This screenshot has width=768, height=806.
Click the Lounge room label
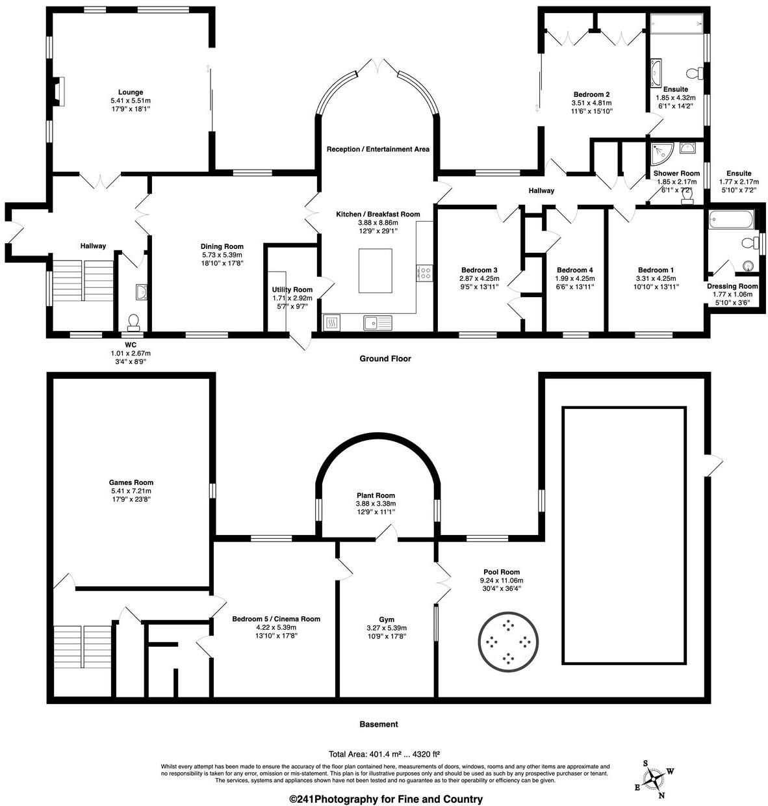(131, 92)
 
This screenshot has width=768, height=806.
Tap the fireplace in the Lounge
(59, 91)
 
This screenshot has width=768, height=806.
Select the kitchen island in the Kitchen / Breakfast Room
(375, 270)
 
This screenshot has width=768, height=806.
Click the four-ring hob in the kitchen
(424, 273)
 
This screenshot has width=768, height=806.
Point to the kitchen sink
(378, 322)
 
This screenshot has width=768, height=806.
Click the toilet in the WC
(133, 322)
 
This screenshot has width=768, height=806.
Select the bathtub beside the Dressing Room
(731, 220)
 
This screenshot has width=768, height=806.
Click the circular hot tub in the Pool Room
(508, 642)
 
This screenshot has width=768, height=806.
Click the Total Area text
(384, 753)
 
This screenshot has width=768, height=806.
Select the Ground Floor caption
(385, 359)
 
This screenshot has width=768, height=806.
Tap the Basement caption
(379, 724)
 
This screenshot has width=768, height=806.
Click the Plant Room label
(376, 495)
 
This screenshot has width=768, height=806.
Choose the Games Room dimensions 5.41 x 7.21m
(131, 491)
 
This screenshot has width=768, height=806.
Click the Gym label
(387, 619)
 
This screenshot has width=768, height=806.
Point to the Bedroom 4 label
(574, 270)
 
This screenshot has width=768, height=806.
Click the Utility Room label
(292, 289)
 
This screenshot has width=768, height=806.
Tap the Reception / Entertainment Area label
(378, 149)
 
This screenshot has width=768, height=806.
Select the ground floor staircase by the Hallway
(83, 280)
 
